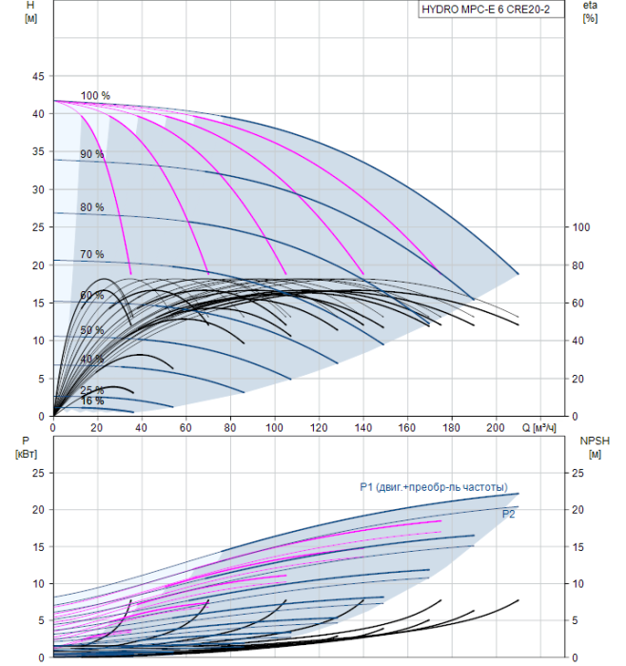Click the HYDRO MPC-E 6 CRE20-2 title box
491,10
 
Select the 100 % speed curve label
95,95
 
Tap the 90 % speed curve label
91,154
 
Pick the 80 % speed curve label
91,207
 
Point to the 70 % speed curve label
91,254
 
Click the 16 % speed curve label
91,401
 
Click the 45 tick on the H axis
38,76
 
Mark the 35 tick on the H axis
38,151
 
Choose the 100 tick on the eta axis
581,227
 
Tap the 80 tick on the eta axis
577,265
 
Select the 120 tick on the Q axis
319,427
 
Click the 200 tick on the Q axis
496,427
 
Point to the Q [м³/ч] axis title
538,427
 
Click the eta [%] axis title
591,11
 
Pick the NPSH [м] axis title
595,448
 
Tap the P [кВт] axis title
26,448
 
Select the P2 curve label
508,514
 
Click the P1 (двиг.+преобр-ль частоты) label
434,487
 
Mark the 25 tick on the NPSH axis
577,473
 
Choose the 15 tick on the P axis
38,547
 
